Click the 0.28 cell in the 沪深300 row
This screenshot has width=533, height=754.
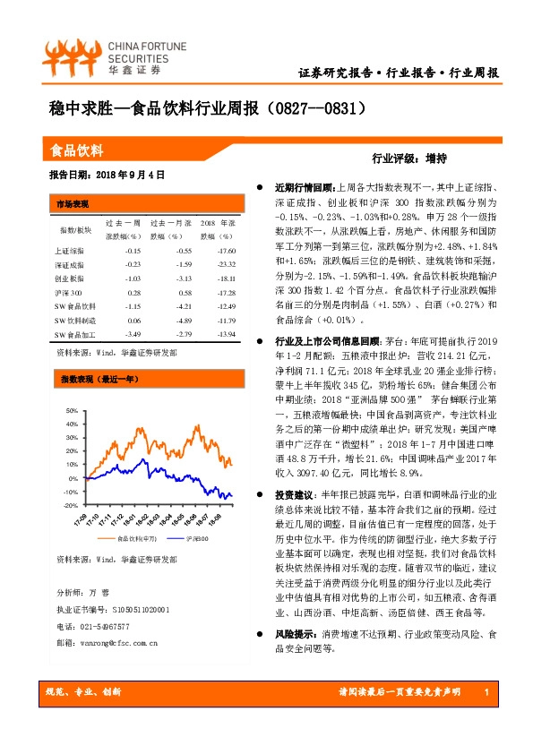tap(133, 294)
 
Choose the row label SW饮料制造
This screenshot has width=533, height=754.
tap(74, 321)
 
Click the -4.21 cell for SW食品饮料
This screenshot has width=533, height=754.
tap(183, 307)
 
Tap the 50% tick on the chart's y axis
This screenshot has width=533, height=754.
tap(72, 411)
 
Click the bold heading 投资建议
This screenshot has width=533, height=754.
tap(294, 495)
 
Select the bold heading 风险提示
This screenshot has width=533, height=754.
tap(294, 633)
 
